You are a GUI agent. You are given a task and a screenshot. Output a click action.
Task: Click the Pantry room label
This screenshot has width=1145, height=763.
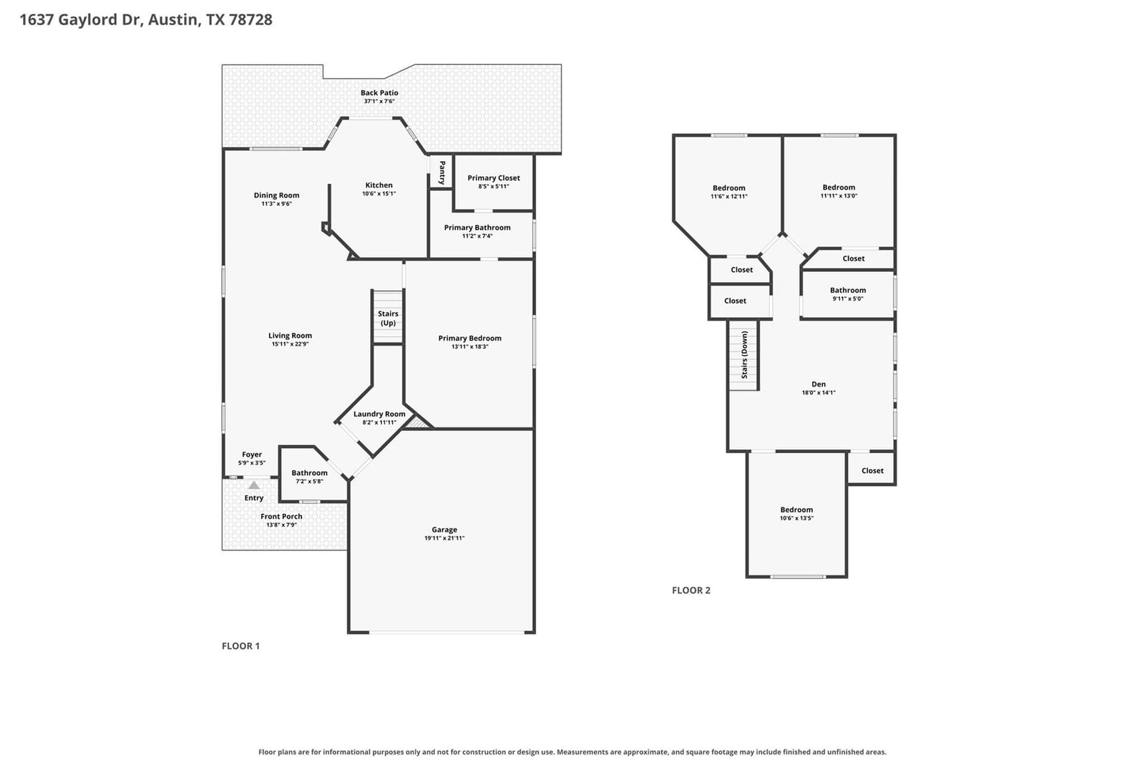[442, 172]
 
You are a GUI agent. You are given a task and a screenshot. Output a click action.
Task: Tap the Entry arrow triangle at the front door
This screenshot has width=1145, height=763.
[253, 485]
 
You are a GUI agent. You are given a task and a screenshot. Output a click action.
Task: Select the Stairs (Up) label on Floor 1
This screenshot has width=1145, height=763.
[388, 318]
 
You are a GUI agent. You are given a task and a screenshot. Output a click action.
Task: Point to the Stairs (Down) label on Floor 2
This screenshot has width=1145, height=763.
[744, 354]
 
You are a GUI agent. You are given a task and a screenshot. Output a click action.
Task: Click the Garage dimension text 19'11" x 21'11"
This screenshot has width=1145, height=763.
[444, 538]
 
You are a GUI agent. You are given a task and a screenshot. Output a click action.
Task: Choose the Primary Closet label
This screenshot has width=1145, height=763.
[494, 178]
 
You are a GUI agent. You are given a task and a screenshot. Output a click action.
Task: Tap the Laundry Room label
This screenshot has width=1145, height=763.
[379, 414]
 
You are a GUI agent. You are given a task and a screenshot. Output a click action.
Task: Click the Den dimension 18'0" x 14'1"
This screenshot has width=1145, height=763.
[819, 393]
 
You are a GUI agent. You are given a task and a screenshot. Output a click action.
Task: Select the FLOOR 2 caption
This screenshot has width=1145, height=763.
[691, 591]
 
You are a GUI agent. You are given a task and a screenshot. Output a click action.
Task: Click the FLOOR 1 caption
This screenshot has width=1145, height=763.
[240, 646]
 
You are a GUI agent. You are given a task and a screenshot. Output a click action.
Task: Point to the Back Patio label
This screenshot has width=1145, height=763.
[379, 92]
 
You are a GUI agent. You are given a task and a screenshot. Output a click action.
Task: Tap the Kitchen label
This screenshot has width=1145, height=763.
[379, 185]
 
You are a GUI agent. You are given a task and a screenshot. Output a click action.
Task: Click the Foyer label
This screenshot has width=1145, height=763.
[251, 454]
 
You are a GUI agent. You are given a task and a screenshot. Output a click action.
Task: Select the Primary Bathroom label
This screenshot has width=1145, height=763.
[477, 228]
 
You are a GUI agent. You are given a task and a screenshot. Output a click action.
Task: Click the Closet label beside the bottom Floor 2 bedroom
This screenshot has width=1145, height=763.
[872, 470]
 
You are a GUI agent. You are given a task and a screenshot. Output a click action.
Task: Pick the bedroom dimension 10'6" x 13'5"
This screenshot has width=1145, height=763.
[796, 518]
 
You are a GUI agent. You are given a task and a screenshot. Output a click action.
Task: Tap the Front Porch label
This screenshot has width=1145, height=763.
[281, 517]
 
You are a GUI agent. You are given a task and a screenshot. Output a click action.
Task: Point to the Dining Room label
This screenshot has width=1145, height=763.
[276, 195]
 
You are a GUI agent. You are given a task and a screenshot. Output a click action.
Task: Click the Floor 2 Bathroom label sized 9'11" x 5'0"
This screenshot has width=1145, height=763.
[847, 291]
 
